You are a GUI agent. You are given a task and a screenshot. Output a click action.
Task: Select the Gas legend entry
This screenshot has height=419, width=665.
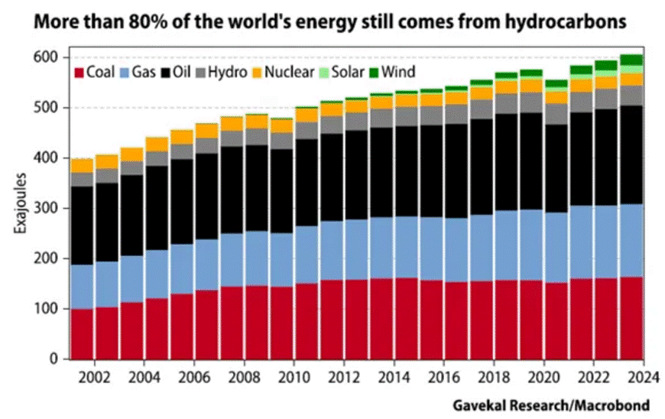pos(138,73)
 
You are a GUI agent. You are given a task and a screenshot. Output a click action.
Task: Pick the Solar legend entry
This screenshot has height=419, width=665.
pos(346,73)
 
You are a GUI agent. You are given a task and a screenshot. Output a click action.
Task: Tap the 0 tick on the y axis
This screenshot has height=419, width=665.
pos(55,359)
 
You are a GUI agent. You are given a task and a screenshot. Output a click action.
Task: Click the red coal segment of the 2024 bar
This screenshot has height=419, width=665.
pos(631,317)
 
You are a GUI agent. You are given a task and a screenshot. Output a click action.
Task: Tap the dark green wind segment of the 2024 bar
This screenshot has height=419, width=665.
pos(631,60)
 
